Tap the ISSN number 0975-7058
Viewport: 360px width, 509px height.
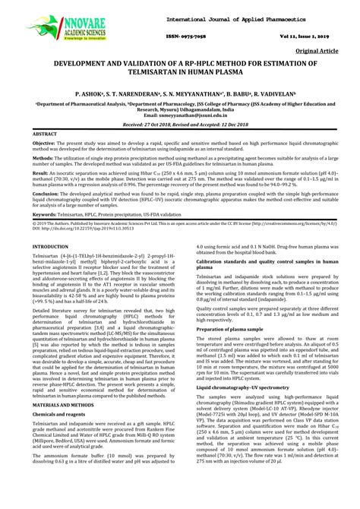(179, 36)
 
